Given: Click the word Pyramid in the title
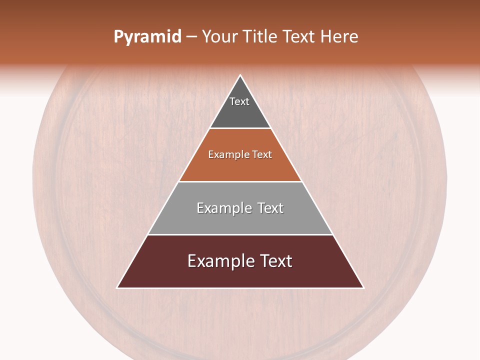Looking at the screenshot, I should (x=147, y=37).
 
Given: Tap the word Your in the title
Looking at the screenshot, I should (x=219, y=37).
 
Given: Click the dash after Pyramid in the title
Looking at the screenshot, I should (x=191, y=37).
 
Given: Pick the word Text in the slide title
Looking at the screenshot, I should (x=299, y=37).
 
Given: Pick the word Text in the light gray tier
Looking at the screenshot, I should (x=270, y=208).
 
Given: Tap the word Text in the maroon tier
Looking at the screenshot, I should (x=274, y=261).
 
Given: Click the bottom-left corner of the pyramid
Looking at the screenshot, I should (x=118, y=287).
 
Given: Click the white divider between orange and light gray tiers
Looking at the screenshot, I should (x=240, y=181).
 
